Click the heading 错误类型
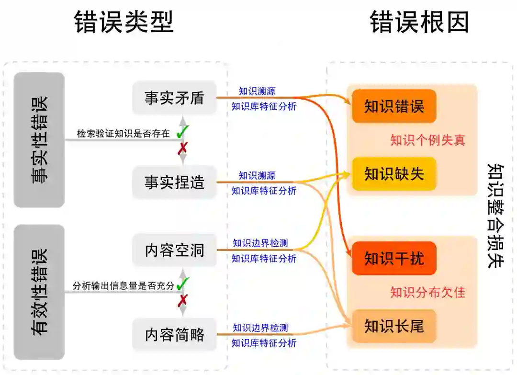tap(124, 22)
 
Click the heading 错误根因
tap(420, 22)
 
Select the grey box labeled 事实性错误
tap(39, 140)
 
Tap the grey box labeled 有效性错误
tap(39, 292)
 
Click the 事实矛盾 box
tap(174, 98)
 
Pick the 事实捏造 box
tap(174, 182)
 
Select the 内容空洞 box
tap(174, 250)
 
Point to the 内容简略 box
tap(174, 334)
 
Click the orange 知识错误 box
tap(394, 106)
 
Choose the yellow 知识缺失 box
tap(394, 173)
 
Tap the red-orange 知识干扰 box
tap(394, 258)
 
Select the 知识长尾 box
tap(394, 326)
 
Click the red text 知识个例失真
tap(427, 140)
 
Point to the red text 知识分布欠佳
tap(427, 292)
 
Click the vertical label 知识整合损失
tap(495, 216)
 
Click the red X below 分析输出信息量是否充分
tap(182, 300)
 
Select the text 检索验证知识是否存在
tap(124, 134)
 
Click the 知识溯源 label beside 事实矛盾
tap(257, 91)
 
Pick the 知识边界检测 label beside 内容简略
tap(260, 328)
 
